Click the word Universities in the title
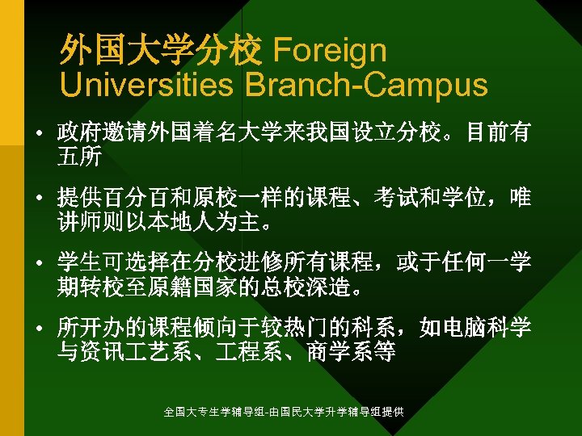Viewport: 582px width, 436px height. (146, 84)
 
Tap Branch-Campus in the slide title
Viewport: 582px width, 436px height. (366, 84)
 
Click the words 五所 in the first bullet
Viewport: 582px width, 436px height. (79, 157)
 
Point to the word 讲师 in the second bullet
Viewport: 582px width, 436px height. (79, 221)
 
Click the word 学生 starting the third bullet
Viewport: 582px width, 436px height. (79, 263)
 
